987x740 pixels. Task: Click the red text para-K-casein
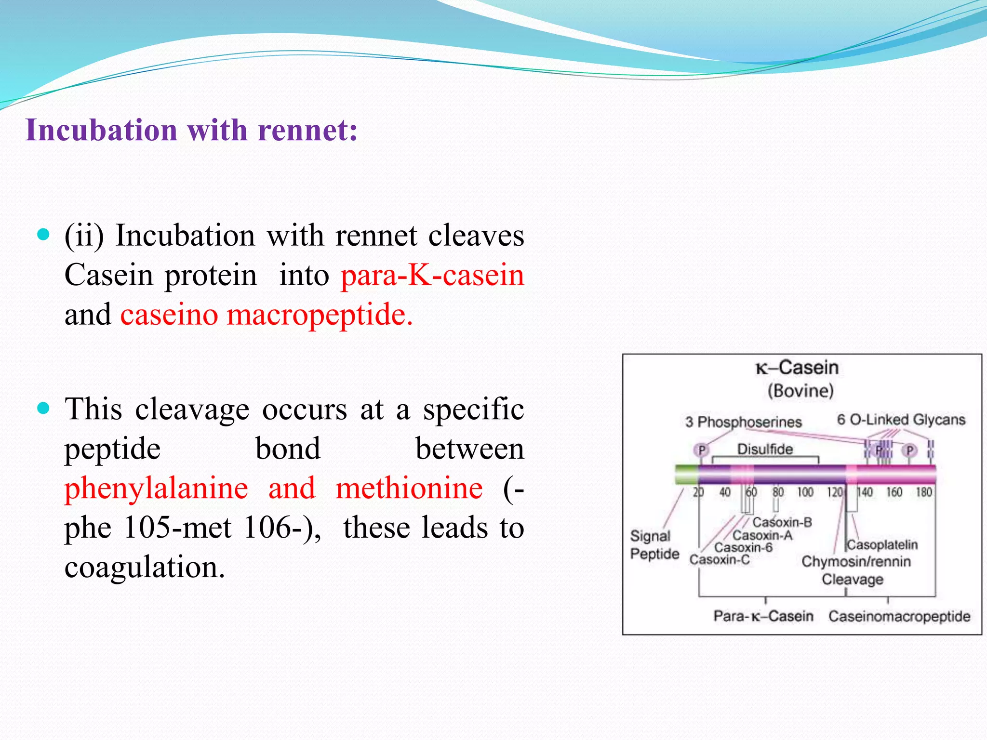(x=432, y=276)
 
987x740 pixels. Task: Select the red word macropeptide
(x=319, y=315)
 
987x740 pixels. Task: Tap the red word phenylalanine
(x=156, y=489)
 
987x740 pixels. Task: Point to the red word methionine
(x=409, y=489)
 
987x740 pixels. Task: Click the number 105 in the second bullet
(x=147, y=528)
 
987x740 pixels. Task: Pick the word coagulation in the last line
(x=145, y=568)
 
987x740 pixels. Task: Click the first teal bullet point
(x=43, y=235)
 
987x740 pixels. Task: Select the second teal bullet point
(x=43, y=409)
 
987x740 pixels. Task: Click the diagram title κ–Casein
(x=797, y=368)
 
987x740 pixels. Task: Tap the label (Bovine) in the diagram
(x=800, y=391)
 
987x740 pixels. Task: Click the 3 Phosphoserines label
(x=743, y=422)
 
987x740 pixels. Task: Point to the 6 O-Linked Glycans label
(x=901, y=420)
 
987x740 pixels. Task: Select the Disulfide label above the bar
(x=765, y=449)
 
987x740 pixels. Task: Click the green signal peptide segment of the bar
(x=686, y=475)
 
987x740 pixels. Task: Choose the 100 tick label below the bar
(x=805, y=492)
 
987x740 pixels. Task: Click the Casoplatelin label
(x=882, y=545)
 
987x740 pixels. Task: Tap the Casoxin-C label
(x=719, y=560)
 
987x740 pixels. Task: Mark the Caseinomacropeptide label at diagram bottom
(x=899, y=616)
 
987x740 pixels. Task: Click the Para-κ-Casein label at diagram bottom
(x=763, y=616)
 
